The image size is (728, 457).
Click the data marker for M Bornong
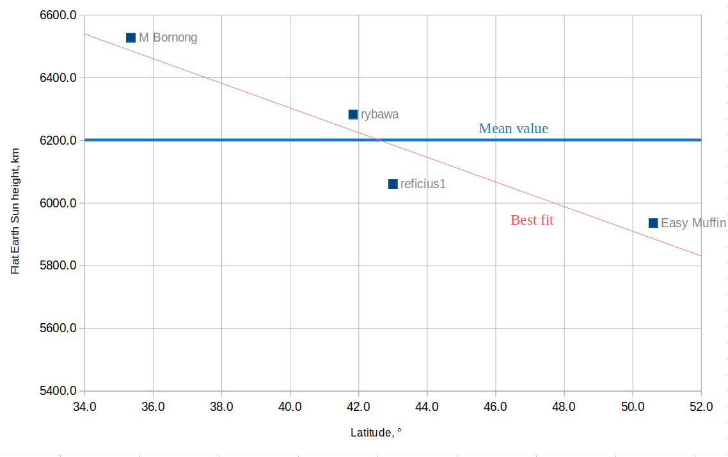pyautogui.click(x=131, y=38)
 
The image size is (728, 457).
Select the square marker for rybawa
pyautogui.click(x=353, y=115)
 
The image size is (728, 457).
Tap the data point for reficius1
pyautogui.click(x=393, y=184)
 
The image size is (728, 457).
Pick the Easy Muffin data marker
pyautogui.click(x=653, y=223)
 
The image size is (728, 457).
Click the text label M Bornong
pyautogui.click(x=168, y=38)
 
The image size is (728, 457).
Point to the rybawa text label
pyautogui.click(x=379, y=115)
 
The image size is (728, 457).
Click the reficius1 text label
pyautogui.click(x=423, y=184)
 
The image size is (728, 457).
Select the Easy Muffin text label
pyautogui.click(x=693, y=223)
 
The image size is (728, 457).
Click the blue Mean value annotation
pyautogui.click(x=513, y=129)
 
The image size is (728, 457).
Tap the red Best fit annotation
pyautogui.click(x=532, y=220)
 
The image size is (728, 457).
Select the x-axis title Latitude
pyautogui.click(x=376, y=433)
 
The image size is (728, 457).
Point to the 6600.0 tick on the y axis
pyautogui.click(x=58, y=15)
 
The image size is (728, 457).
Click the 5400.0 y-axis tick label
pyautogui.click(x=58, y=391)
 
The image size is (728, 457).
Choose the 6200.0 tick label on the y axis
pyautogui.click(x=58, y=140)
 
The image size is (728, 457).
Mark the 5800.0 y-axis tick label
pyautogui.click(x=58, y=266)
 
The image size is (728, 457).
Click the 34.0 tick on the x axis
pyautogui.click(x=84, y=406)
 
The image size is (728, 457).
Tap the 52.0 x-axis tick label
pyautogui.click(x=701, y=406)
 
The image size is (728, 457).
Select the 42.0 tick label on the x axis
pyautogui.click(x=358, y=406)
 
